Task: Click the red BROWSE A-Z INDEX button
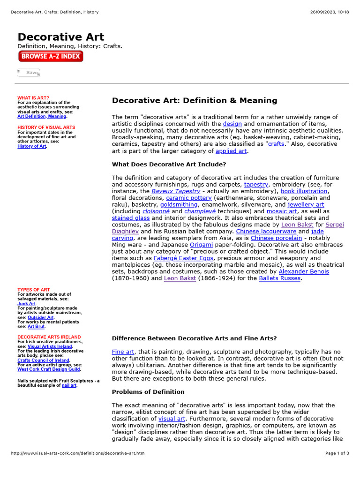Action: [51, 57]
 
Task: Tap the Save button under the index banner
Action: [29, 73]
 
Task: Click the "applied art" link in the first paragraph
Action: [231, 151]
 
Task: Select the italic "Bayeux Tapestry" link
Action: [176, 191]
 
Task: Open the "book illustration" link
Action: [304, 191]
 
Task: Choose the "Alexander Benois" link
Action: [304, 271]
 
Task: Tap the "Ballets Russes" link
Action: [280, 278]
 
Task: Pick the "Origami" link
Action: [201, 245]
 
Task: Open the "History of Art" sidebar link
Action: [32, 146]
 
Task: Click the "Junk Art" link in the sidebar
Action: [26, 303]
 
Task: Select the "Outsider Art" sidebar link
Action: [41, 317]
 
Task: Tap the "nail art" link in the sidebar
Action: [69, 385]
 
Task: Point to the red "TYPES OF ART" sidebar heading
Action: [34, 290]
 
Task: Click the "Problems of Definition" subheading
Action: [148, 392]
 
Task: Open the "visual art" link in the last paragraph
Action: [172, 419]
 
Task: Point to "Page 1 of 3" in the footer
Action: [337, 453]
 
